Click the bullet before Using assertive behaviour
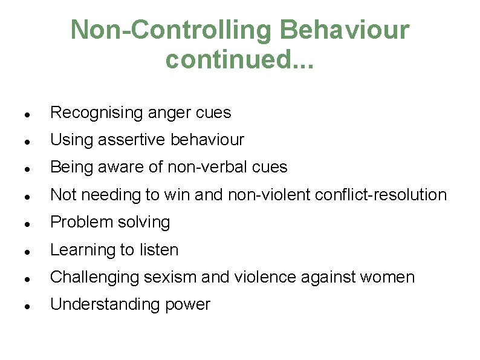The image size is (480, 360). (x=21, y=141)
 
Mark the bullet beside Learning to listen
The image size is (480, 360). (x=21, y=251)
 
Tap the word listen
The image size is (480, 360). (x=158, y=250)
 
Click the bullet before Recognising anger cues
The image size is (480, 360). (x=21, y=114)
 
